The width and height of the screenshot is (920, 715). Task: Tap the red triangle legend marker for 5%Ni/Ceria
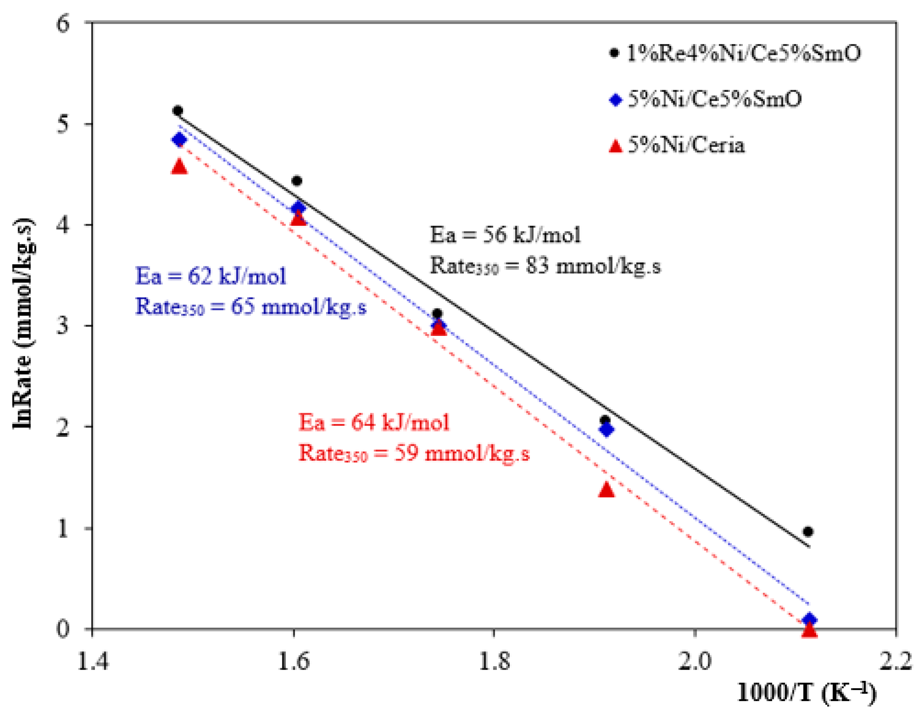point(616,146)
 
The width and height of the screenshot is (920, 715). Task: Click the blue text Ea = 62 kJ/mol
point(210,276)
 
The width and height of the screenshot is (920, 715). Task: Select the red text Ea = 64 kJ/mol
point(374,422)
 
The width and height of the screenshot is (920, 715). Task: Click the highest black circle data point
point(178,111)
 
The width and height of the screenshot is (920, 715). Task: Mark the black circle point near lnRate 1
point(808,532)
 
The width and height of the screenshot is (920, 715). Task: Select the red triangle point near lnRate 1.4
point(606,489)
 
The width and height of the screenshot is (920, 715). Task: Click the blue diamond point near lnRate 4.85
point(179,139)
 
